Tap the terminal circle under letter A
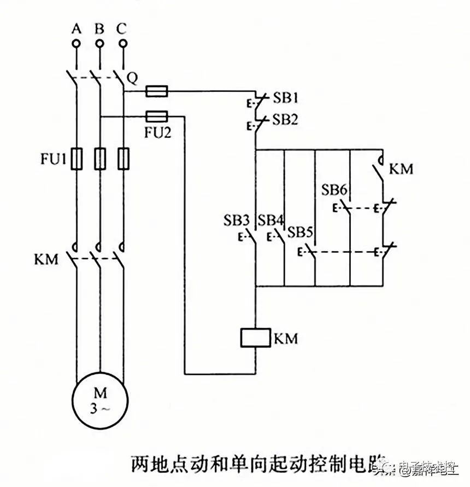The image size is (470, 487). pyautogui.click(x=77, y=43)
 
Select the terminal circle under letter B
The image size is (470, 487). pyautogui.click(x=99, y=43)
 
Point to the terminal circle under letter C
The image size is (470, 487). pyautogui.click(x=123, y=43)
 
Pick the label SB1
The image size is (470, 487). pyautogui.click(x=285, y=99)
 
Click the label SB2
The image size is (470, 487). pyautogui.click(x=285, y=119)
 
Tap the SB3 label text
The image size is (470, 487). pyautogui.click(x=236, y=221)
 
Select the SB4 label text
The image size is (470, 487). pyautogui.click(x=271, y=221)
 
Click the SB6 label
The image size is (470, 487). pyautogui.click(x=333, y=190)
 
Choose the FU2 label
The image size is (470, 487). pyautogui.click(x=158, y=132)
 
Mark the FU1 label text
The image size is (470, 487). pyautogui.click(x=53, y=159)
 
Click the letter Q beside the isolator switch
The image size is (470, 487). pyautogui.click(x=132, y=78)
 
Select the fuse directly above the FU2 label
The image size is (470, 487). pyautogui.click(x=157, y=115)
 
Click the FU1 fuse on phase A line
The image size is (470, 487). pyautogui.click(x=77, y=159)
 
